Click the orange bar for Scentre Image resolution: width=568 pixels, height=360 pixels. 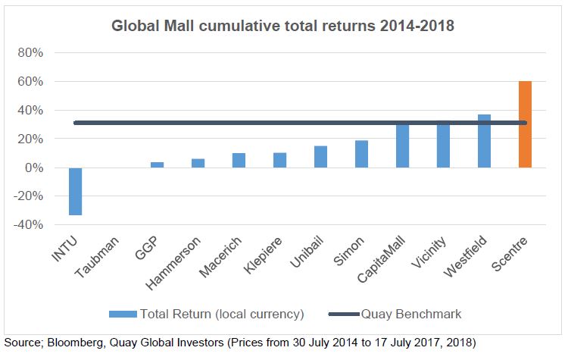tap(525, 124)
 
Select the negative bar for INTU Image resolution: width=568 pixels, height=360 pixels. tap(75, 191)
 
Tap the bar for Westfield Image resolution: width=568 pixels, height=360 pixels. tap(484, 141)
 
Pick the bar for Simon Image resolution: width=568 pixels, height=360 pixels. tap(361, 154)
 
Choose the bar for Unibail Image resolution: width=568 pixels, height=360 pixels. tap(320, 157)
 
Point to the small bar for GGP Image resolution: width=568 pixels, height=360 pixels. tap(157, 164)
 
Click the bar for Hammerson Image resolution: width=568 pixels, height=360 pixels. tap(198, 163)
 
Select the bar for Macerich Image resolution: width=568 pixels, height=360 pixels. tap(239, 160)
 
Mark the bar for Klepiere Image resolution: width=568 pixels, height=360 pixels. tap(279, 160)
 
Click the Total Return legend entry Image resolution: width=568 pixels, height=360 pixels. tap(207, 313)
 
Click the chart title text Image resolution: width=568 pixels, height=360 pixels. tap(282, 25)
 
